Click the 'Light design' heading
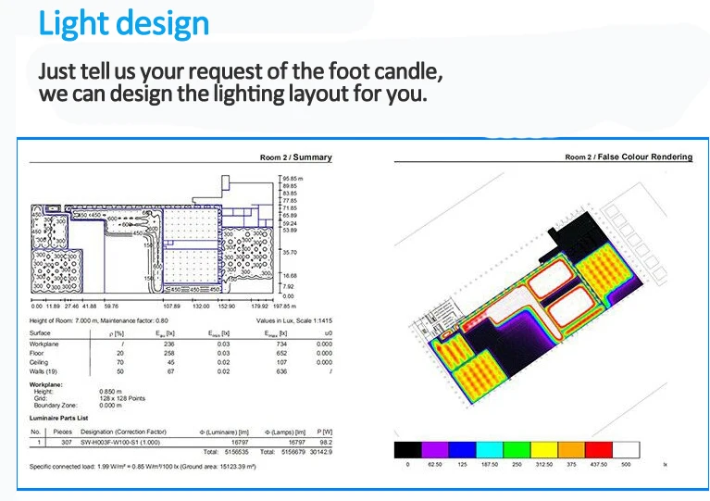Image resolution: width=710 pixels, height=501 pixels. pyautogui.click(x=124, y=24)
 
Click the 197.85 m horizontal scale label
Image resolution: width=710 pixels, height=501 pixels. pyautogui.click(x=283, y=305)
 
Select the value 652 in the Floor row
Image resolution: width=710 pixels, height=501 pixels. pyautogui.click(x=278, y=353)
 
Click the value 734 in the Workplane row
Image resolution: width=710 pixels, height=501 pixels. pyautogui.click(x=278, y=344)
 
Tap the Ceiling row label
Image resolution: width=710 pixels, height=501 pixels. pyautogui.click(x=41, y=362)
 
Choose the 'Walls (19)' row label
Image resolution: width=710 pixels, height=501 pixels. pyautogui.click(x=45, y=370)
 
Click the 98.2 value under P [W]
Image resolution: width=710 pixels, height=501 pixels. pyautogui.click(x=325, y=442)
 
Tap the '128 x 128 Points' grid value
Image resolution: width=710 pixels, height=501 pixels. pyautogui.click(x=125, y=398)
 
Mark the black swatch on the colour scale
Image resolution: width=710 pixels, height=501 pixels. pyautogui.click(x=408, y=450)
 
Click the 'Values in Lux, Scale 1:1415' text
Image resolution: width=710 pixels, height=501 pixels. pyautogui.click(x=294, y=319)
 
